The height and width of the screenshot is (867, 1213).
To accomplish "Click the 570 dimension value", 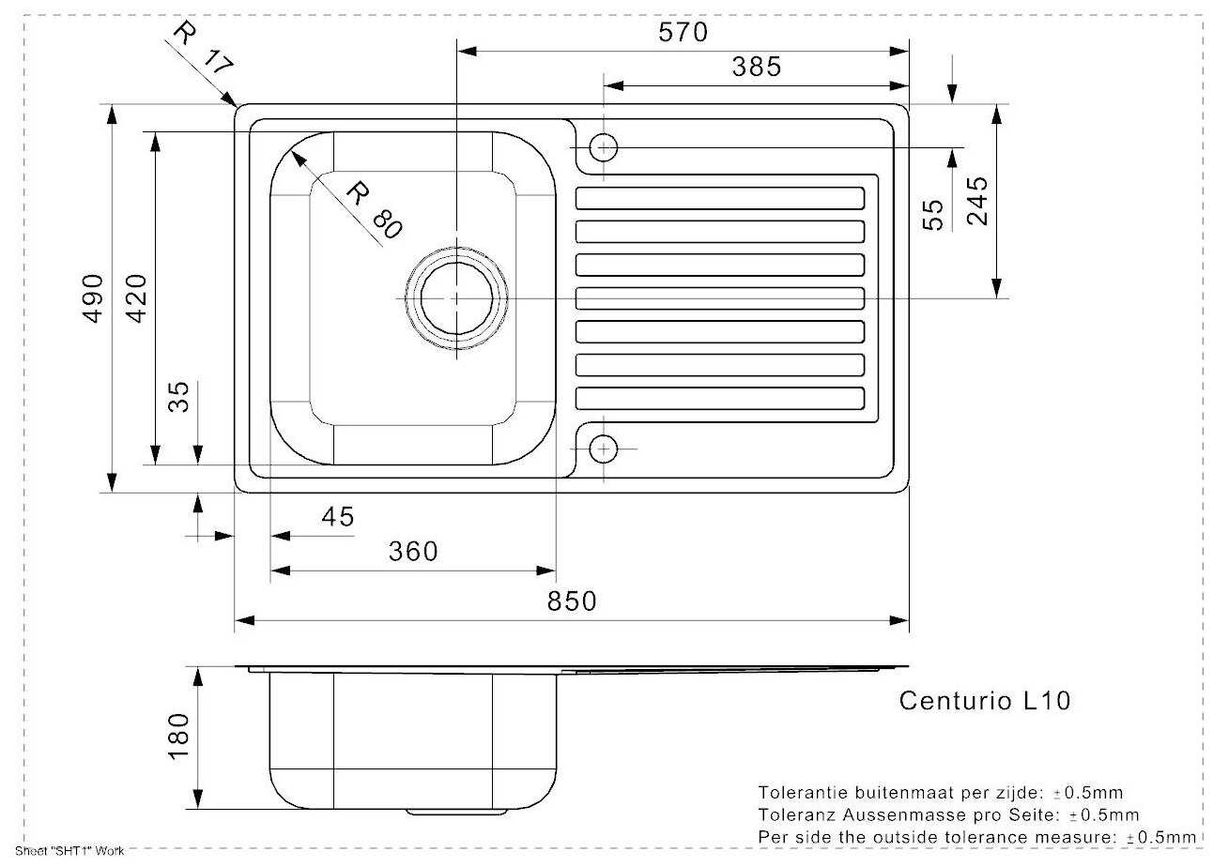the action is [683, 32].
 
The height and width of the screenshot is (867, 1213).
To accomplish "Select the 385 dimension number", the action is [757, 67].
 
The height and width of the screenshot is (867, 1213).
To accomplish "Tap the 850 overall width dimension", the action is [572, 601].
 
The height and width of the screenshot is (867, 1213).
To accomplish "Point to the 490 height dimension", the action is [93, 298].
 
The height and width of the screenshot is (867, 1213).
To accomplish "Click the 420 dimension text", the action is [136, 298].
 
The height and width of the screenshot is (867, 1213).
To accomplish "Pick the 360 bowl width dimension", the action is [413, 552].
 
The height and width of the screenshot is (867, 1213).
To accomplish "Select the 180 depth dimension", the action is [178, 737].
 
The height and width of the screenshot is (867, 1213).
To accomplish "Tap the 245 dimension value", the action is [977, 201].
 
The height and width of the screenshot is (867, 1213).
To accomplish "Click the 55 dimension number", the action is [932, 215].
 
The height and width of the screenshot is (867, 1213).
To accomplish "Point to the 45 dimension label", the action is [338, 517].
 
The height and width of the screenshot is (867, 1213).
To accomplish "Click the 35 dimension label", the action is [178, 397].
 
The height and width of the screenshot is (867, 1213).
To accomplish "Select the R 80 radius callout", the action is [375, 210].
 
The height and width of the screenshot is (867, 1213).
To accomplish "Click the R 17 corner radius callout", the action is [204, 48].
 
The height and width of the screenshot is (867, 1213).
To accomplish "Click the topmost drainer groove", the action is [720, 198].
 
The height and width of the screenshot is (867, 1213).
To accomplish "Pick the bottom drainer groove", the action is [720, 399].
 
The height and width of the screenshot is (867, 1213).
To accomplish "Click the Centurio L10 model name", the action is [985, 701].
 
